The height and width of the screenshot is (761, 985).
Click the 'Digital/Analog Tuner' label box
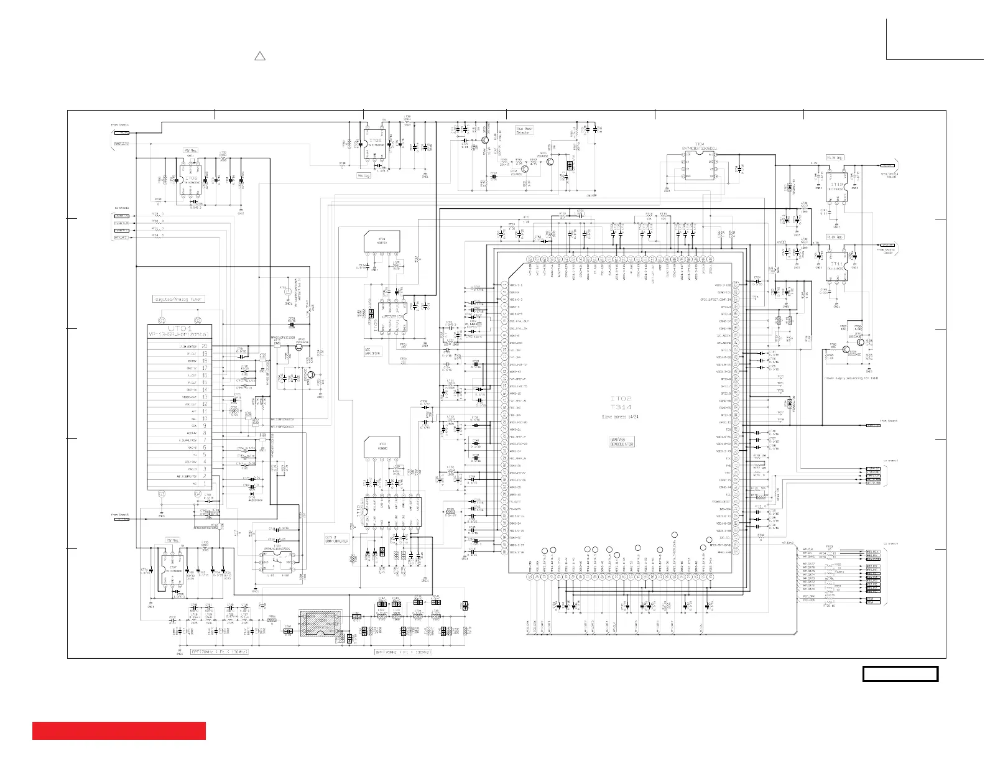click(178, 299)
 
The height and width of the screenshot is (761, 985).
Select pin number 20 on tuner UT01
click(204, 346)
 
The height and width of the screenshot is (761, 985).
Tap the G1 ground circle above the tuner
click(162, 321)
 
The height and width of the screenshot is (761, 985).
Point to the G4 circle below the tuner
click(198, 494)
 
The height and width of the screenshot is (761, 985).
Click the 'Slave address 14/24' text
click(619, 415)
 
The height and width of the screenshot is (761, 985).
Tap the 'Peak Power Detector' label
click(524, 131)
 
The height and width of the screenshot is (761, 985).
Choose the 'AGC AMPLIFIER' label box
click(372, 351)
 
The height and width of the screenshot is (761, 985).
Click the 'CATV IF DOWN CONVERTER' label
click(336, 539)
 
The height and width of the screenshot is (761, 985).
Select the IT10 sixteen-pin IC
click(391, 513)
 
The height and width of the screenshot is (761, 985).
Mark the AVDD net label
click(781, 242)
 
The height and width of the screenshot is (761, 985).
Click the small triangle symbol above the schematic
click(260, 57)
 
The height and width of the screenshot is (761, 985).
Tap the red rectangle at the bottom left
click(119, 731)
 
